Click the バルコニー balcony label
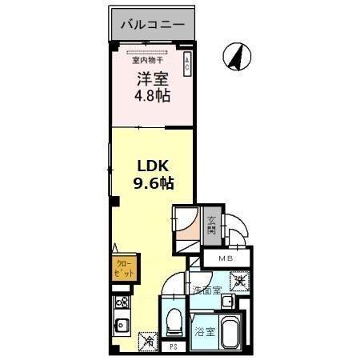point(152,25)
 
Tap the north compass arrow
point(237,57)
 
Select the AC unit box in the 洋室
point(187,64)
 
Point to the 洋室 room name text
point(151,80)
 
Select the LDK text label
point(153,166)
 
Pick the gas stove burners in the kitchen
point(123,303)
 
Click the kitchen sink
point(123,326)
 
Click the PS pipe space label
point(174,347)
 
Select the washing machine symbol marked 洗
point(238,281)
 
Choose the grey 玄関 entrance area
point(212,227)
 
